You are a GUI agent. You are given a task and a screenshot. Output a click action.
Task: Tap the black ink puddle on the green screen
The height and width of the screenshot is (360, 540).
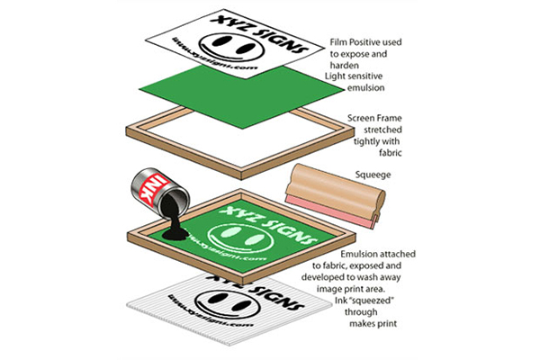(x=175, y=234)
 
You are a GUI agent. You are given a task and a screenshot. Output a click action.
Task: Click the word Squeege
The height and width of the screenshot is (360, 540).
(x=373, y=175)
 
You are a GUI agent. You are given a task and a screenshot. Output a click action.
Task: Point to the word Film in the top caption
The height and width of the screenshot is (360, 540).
(x=338, y=42)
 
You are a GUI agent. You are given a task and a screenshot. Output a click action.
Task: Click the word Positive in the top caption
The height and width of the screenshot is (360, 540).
(x=365, y=42)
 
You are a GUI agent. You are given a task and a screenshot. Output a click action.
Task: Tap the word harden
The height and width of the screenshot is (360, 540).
(x=345, y=66)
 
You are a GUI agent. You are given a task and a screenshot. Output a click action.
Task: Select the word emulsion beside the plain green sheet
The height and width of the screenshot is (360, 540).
(x=365, y=88)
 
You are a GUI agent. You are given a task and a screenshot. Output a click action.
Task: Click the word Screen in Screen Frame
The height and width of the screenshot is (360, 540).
(x=359, y=119)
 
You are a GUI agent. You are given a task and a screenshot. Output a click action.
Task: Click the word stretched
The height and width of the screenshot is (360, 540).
(x=383, y=130)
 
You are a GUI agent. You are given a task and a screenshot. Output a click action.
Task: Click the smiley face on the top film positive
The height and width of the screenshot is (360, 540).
(x=232, y=47)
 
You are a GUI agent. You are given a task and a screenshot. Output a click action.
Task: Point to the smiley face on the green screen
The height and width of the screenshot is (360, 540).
(x=240, y=238)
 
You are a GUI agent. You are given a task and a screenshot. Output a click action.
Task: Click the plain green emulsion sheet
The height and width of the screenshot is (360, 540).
(x=242, y=96)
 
